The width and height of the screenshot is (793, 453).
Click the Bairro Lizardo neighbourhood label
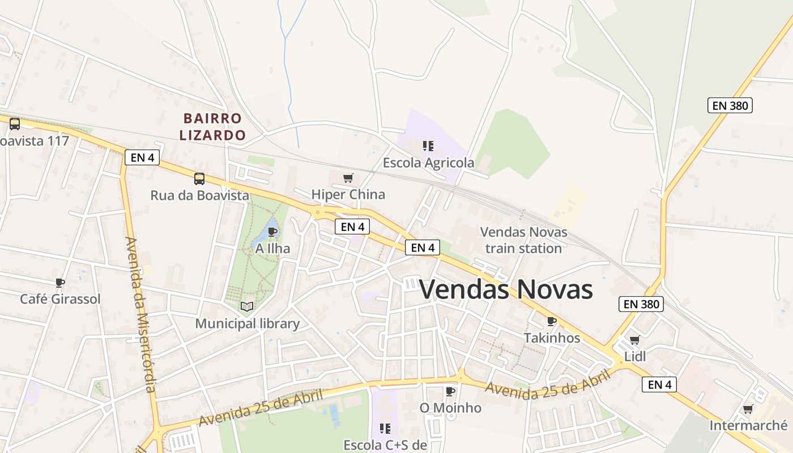click(213, 127)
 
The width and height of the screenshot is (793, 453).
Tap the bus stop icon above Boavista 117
click(15, 123)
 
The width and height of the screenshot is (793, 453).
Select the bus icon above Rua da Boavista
click(199, 179)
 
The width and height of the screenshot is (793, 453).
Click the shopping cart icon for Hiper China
click(348, 178)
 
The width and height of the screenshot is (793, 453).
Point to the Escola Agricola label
click(428, 163)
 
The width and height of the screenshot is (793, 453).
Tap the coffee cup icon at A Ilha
click(272, 232)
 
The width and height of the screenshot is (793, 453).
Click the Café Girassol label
click(60, 299)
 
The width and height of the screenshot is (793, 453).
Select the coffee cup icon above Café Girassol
click(60, 283)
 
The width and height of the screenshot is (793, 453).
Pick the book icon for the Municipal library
click(247, 306)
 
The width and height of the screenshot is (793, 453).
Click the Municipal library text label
click(247, 324)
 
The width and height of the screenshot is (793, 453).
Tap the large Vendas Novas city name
click(506, 289)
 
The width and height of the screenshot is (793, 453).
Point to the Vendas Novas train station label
click(523, 240)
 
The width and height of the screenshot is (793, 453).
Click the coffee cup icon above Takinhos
click(552, 322)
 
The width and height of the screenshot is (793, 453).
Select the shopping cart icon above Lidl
click(635, 340)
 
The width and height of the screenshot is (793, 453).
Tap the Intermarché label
click(748, 425)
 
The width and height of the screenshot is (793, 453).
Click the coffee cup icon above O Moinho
click(450, 391)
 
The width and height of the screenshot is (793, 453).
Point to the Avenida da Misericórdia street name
click(140, 315)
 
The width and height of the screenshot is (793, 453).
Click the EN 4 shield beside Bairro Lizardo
click(142, 157)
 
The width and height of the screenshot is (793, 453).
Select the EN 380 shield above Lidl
click(641, 304)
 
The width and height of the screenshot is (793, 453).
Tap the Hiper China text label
click(348, 195)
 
